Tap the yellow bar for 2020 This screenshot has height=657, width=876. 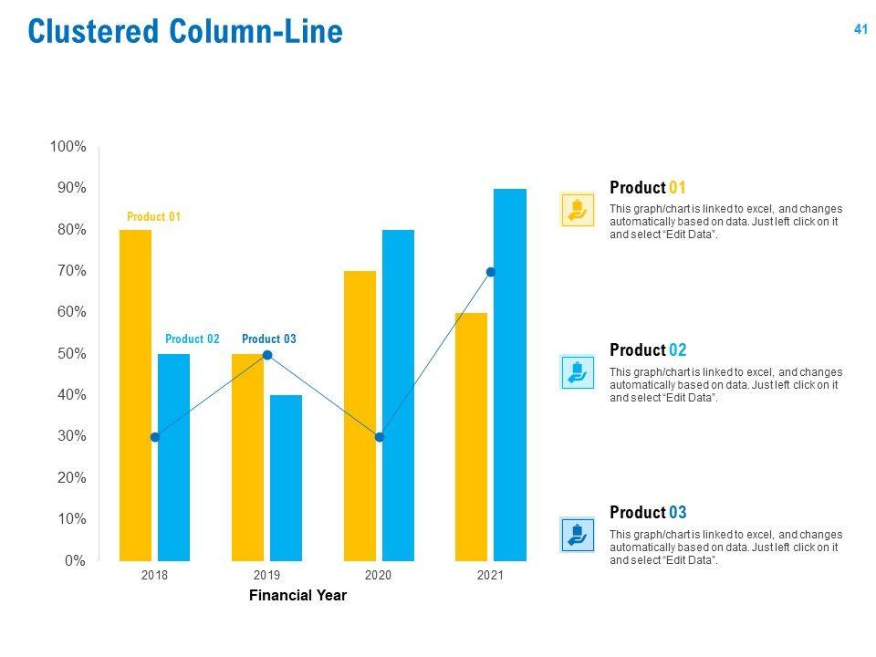360,415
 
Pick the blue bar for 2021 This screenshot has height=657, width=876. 510,374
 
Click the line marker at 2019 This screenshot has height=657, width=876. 267,354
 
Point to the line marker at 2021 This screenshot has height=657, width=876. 491,272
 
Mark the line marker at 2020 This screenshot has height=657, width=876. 380,437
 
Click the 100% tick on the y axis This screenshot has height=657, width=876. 68,147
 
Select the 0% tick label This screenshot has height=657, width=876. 75,561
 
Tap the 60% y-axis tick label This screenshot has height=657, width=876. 70,312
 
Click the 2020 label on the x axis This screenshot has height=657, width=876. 378,576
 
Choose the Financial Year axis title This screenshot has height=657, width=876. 297,596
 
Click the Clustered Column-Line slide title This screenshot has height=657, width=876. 185,32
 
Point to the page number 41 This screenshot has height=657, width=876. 860,29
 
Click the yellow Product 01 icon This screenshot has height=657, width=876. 577,210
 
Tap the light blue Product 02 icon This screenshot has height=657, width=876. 577,372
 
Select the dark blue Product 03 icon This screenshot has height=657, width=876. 577,534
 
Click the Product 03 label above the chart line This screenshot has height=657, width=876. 269,339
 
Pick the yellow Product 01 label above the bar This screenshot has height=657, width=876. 153,217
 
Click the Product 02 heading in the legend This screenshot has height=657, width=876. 648,350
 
